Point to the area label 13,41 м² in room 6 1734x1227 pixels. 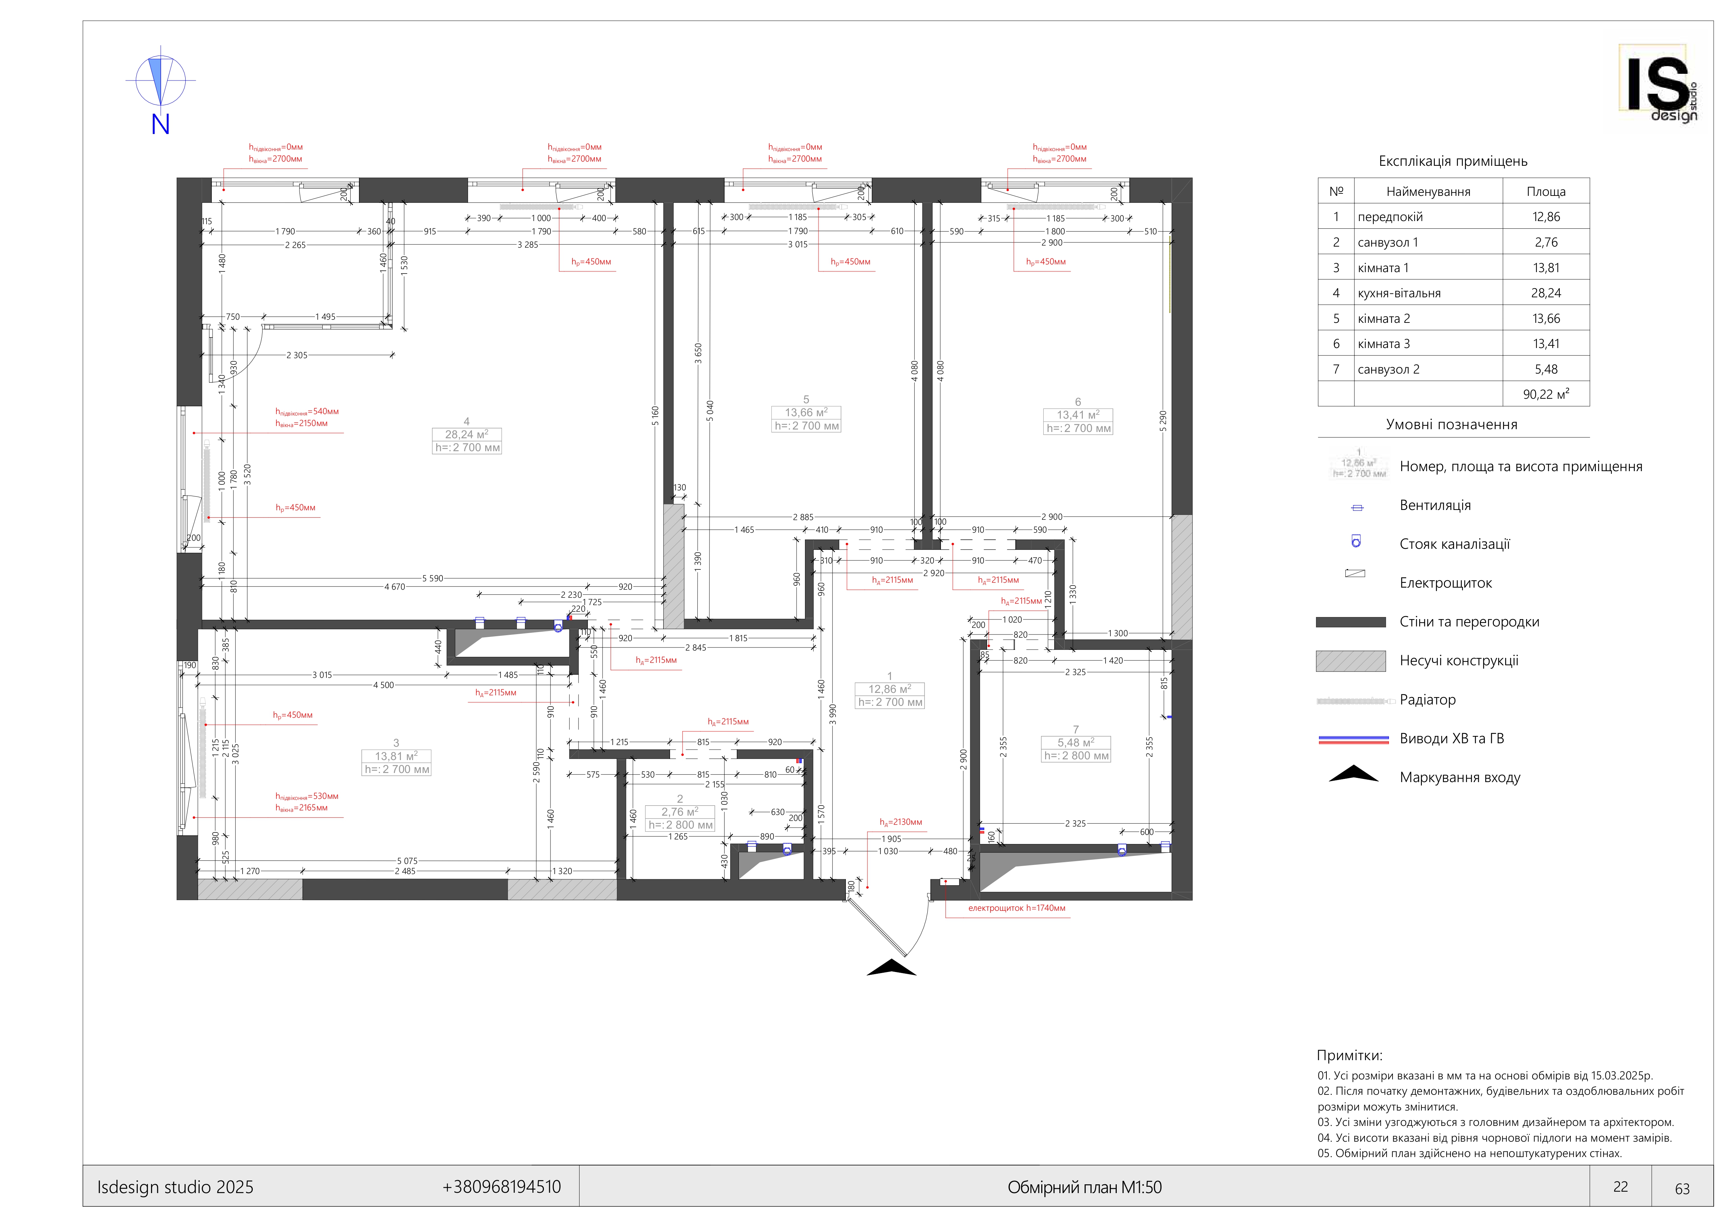pos(1078,415)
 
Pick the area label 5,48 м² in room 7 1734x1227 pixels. pos(1075,743)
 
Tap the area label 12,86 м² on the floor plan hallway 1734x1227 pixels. pos(890,689)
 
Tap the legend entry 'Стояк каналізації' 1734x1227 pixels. pos(1454,544)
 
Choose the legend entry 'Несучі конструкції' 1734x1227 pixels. pos(1458,661)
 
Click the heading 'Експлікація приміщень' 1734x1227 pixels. pos(1452,161)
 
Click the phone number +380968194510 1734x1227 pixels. pos(502,1187)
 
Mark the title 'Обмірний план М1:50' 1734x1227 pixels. pos(1084,1188)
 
